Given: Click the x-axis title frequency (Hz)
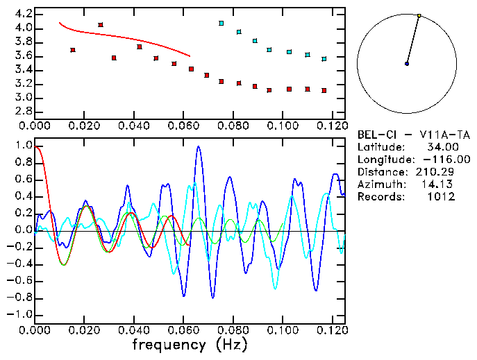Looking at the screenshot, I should (191, 345).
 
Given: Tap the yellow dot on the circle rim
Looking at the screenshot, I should (419, 15).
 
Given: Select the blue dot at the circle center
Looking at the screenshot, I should (407, 64).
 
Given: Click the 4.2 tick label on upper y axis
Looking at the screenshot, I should (23, 14).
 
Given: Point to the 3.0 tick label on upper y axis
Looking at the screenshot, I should (23, 98).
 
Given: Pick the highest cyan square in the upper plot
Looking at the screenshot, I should (221, 24).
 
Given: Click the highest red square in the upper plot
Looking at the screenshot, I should (101, 25).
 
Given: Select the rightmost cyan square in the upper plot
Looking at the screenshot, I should (324, 60).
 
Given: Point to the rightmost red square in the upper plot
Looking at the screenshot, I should (324, 91).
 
